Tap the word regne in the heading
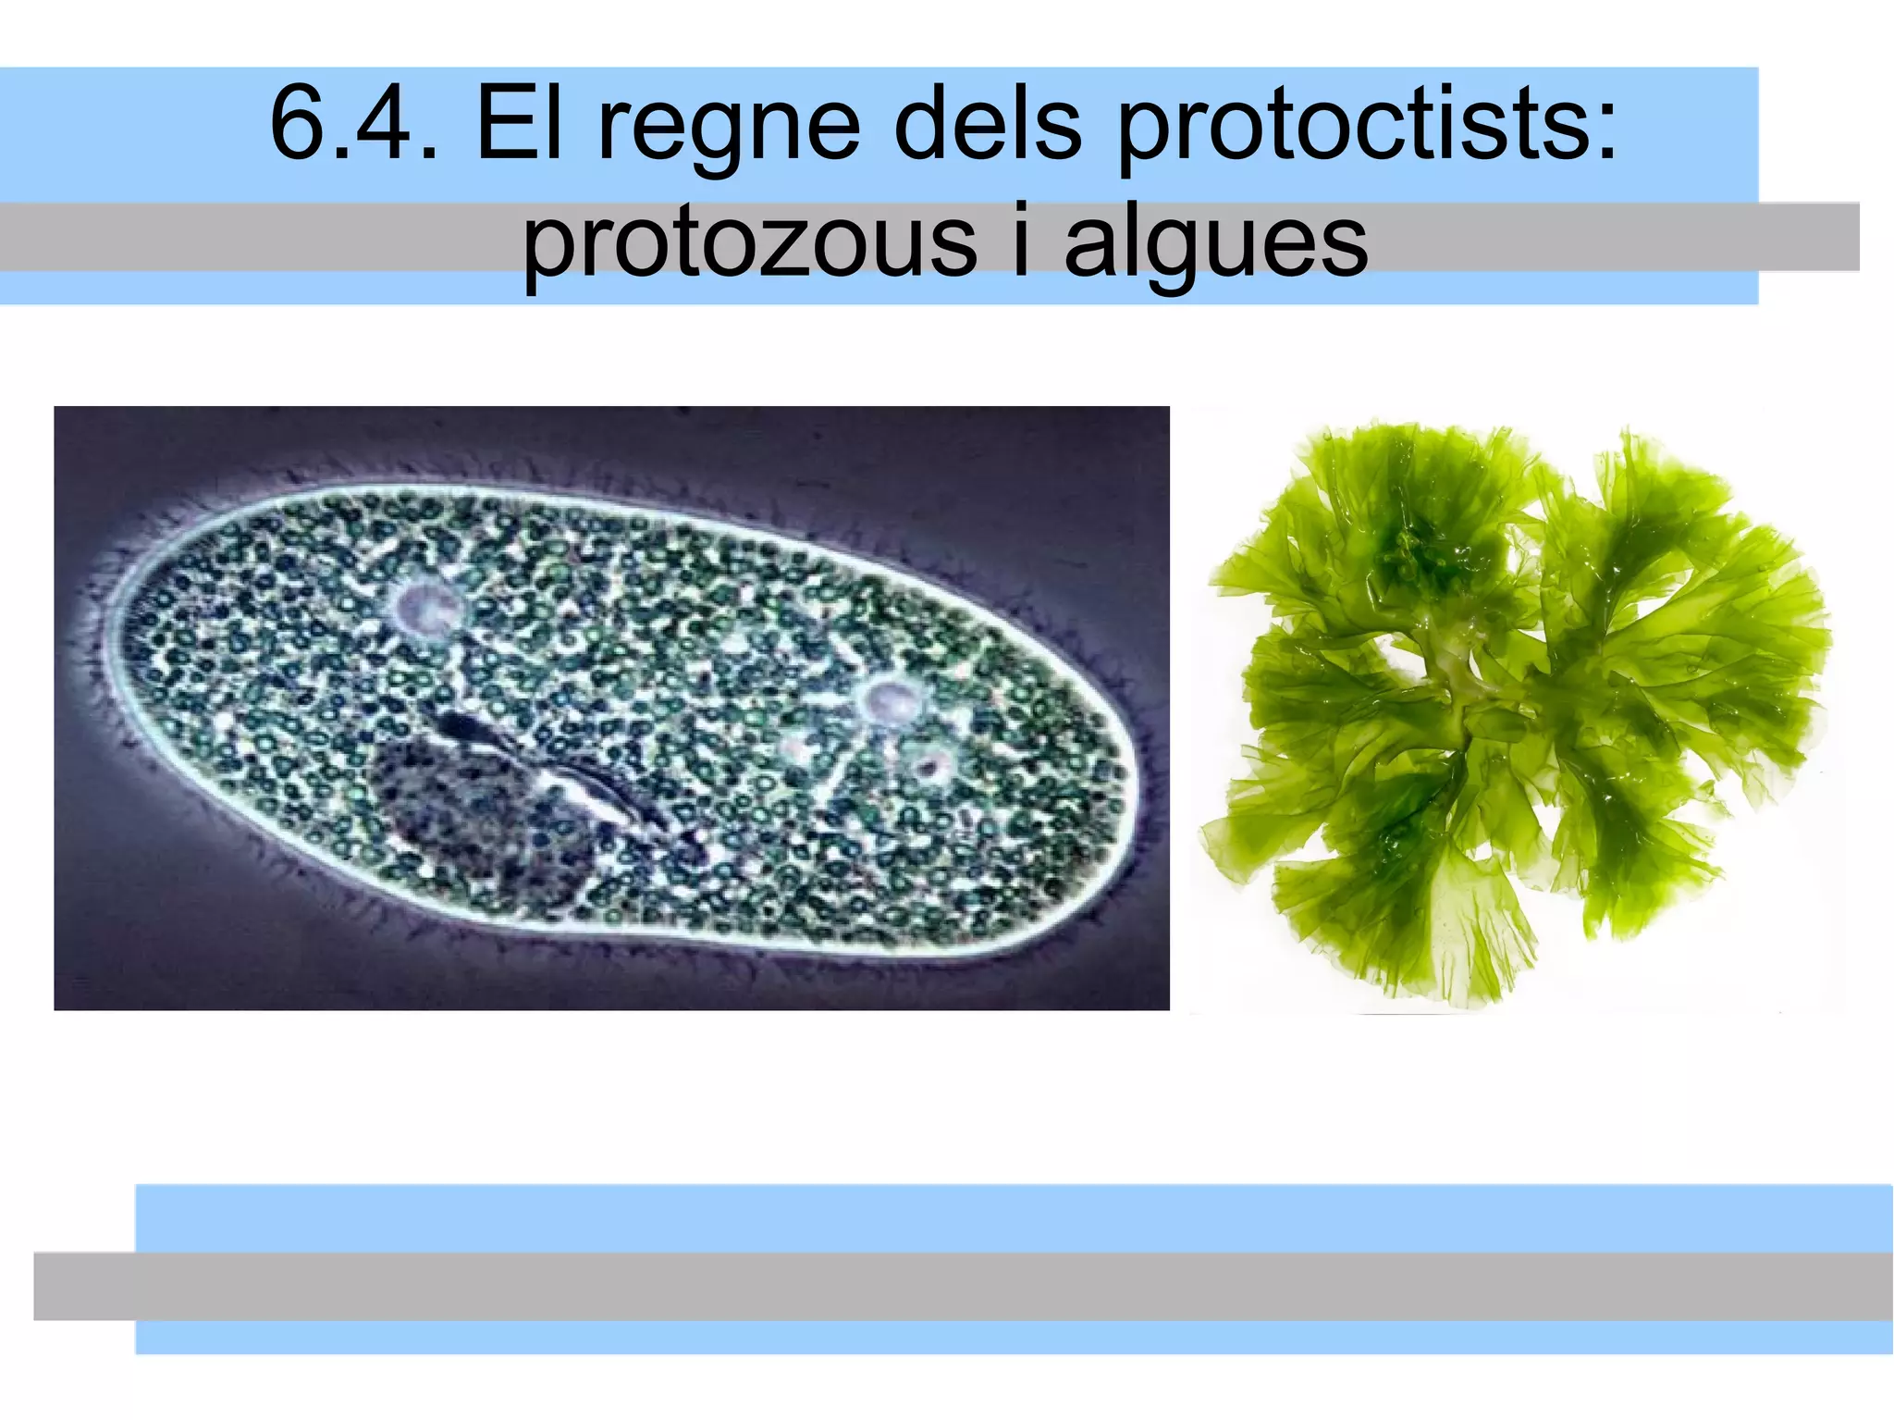click(730, 130)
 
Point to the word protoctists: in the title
click(1368, 130)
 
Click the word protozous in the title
click(749, 242)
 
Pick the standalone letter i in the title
click(1020, 239)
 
